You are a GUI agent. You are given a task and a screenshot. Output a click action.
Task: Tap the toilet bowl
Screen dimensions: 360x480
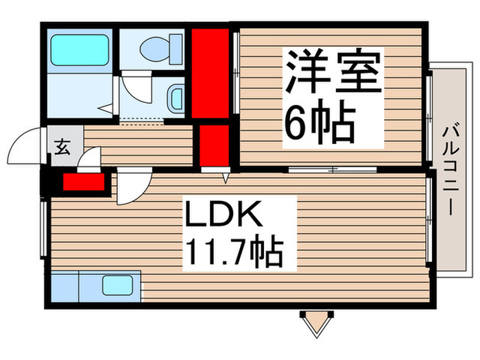coord(158,49)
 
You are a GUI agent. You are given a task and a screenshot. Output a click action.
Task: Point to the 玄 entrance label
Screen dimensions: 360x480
coord(61,145)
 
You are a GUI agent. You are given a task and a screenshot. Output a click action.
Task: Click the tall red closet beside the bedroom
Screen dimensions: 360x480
coord(210,73)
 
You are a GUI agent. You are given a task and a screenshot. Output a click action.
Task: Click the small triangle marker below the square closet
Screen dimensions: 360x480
coord(225,178)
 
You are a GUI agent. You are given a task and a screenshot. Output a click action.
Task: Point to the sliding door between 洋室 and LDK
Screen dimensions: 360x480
coord(333,169)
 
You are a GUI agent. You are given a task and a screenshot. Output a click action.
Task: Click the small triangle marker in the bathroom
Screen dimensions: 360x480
coord(104,108)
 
